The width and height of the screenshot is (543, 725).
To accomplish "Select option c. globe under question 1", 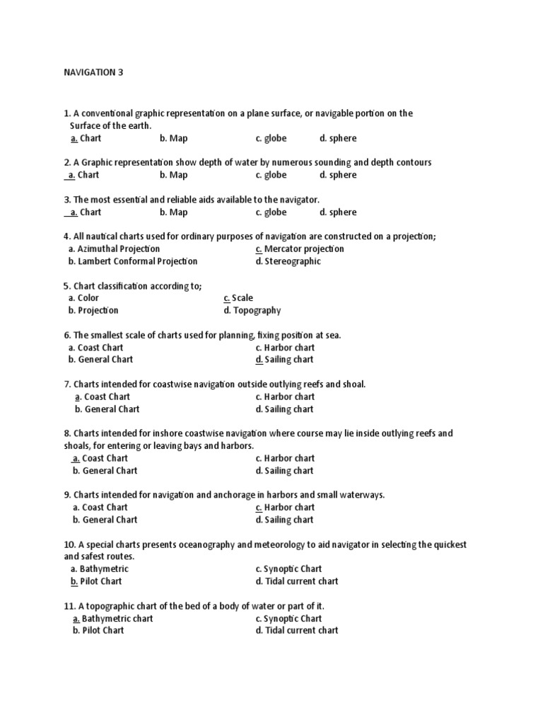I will point(271,138).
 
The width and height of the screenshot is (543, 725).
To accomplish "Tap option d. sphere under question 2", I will point(338,175).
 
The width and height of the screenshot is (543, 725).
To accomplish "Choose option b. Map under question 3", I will point(173,212).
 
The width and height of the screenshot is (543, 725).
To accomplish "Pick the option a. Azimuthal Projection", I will point(115,249).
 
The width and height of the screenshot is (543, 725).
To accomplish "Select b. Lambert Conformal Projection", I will point(133,261).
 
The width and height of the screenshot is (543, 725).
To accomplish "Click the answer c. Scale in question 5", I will point(238,298).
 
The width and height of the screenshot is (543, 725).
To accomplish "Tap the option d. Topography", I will point(252,310).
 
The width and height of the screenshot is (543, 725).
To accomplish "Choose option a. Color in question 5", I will point(83,298).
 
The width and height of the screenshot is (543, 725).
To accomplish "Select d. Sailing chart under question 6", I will point(284,360).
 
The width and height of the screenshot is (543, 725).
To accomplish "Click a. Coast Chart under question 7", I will point(103,396).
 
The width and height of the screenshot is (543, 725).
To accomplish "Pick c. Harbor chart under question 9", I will point(285,507).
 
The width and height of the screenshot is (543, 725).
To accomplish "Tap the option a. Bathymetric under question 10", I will point(96,569).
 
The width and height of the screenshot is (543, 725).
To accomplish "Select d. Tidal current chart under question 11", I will point(297,630).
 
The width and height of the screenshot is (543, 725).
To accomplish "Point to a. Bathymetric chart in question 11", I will point(113,618).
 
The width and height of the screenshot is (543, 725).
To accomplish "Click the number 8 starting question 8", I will point(66,433).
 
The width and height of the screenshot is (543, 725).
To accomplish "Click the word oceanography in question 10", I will point(201,544).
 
